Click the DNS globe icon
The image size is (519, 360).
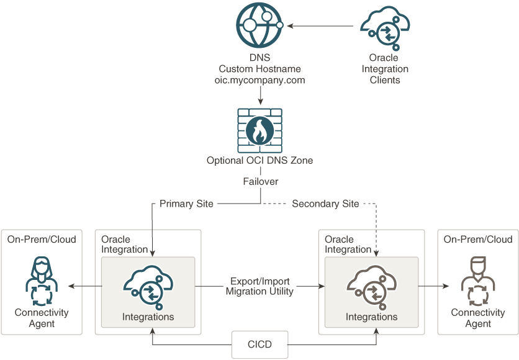coord(259,26)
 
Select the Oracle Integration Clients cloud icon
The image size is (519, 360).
coord(385,28)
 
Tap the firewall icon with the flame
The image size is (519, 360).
coord(259,130)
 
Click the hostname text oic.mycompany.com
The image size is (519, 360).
coord(259,80)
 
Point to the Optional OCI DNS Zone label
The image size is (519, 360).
coord(259,161)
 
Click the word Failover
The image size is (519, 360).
coord(259,182)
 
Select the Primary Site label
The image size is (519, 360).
coord(186,204)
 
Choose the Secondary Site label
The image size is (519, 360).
coord(325,204)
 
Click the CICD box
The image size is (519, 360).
coord(259,344)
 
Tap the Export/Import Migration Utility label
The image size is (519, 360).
coord(259,286)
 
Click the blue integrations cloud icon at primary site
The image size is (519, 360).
coord(148,286)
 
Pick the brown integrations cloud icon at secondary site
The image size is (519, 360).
coord(371,286)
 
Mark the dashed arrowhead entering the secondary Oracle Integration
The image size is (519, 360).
coord(377,252)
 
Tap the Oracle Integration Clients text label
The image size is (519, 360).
coord(385,69)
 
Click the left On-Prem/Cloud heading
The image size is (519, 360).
coord(42,239)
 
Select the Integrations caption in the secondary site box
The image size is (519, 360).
coord(371,317)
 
